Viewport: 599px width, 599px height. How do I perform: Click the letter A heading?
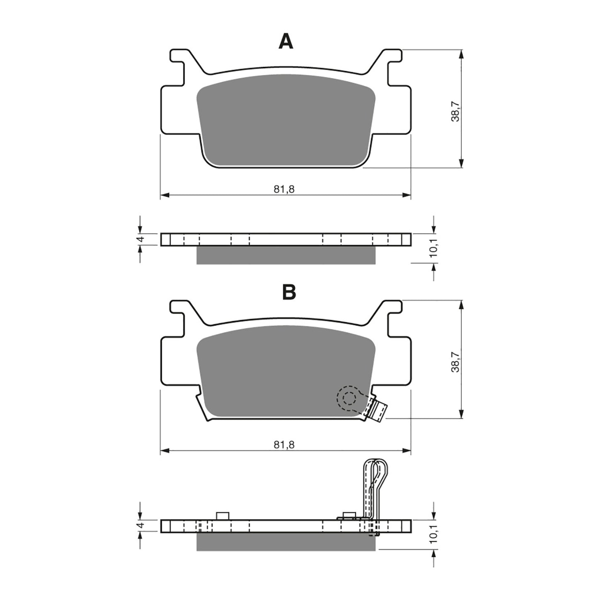tap(286, 41)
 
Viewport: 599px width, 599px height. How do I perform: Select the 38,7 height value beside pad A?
tap(455, 112)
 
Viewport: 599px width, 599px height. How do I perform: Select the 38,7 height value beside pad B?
tap(455, 362)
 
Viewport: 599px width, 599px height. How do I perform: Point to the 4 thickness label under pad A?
tap(141, 239)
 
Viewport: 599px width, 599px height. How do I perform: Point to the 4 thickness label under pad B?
tap(141, 525)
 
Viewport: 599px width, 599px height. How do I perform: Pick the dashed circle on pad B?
tap(348, 398)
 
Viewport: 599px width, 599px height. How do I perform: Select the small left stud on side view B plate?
tap(223, 516)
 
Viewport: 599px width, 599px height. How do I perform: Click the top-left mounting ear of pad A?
tap(178, 62)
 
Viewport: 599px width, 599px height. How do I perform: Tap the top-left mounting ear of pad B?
tap(178, 313)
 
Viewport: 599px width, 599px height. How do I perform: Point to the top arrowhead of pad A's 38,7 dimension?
tap(461, 54)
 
